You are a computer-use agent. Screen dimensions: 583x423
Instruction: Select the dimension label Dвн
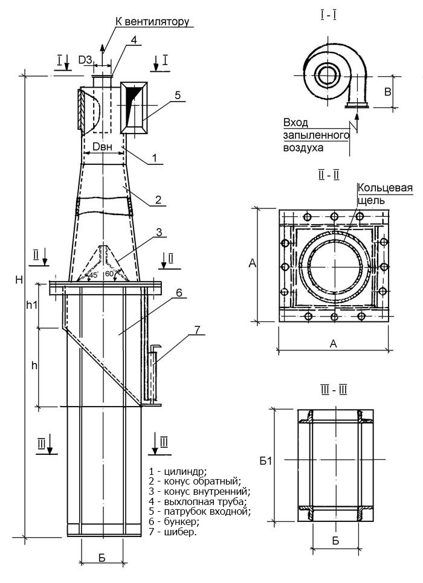click(102, 146)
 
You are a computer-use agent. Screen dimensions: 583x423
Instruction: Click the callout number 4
click(134, 40)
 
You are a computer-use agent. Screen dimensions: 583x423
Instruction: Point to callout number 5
click(178, 95)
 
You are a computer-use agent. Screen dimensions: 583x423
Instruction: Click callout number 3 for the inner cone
click(158, 232)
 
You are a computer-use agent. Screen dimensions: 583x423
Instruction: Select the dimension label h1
click(31, 305)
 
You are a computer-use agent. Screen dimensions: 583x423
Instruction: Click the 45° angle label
click(93, 275)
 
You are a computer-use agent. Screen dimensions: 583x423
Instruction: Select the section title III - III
click(334, 390)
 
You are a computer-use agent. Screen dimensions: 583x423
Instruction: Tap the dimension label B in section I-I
click(388, 92)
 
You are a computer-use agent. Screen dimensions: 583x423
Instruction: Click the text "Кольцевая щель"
click(384, 193)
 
